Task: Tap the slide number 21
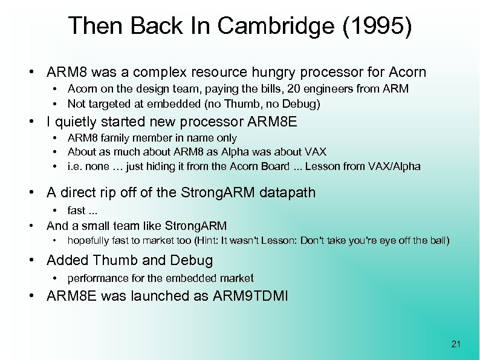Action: click(x=456, y=344)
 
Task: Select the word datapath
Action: click(x=288, y=193)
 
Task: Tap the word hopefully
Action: click(x=90, y=240)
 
